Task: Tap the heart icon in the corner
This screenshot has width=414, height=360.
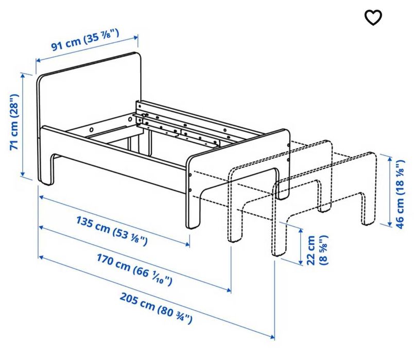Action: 373,18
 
